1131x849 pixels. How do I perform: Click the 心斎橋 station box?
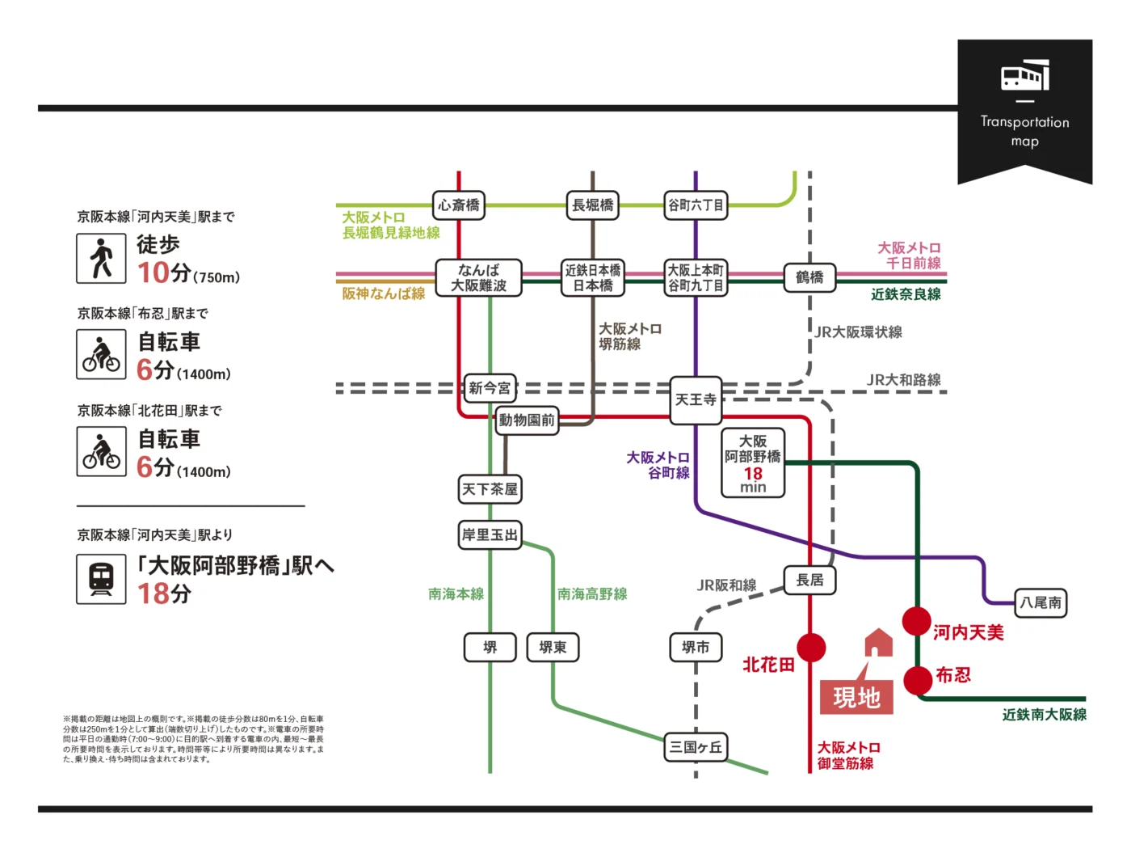458,205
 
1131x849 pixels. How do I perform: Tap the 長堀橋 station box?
592,205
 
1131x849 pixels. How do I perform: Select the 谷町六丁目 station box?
695,205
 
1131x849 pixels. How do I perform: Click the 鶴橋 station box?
809,277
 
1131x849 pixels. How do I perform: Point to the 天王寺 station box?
696,399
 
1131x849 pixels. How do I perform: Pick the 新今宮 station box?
490,388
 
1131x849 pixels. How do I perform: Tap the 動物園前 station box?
527,420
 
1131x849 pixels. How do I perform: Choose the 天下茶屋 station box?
490,489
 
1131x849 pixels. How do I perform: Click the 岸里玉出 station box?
490,534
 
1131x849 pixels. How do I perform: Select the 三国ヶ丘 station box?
696,747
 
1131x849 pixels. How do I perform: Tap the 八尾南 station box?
1041,602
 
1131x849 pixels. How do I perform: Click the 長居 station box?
809,580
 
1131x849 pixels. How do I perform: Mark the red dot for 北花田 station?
811,648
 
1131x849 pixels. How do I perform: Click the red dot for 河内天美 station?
917,622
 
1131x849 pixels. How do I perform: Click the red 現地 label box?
856,697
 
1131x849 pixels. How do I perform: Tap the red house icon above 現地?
879,644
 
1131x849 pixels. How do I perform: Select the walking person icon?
101,259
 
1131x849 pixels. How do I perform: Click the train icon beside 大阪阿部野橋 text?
101,579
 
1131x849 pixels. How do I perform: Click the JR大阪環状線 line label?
858,332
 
